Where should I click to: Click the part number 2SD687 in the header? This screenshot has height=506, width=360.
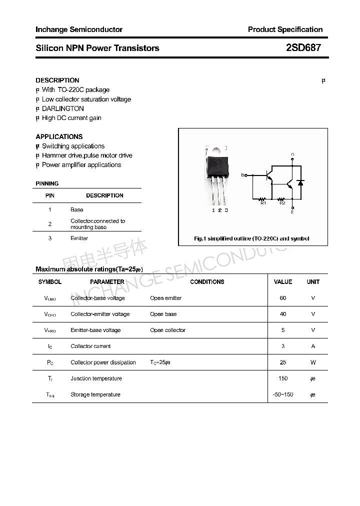point(303,48)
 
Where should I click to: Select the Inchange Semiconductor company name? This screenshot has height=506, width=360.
point(79,29)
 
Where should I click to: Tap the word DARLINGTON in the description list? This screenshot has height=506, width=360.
point(62,108)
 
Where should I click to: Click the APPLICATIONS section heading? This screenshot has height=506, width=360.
point(59,136)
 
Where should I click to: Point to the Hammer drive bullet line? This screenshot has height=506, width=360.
point(86,155)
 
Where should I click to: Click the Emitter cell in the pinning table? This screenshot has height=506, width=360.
point(79,238)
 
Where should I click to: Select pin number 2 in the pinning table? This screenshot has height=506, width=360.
point(50,224)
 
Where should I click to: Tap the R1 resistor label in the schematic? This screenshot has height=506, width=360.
point(263,203)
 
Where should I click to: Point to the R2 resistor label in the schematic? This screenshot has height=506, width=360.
point(282,203)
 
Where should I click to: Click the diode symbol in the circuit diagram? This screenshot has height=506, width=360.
point(300,182)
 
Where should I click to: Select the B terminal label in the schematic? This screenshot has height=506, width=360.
point(243,175)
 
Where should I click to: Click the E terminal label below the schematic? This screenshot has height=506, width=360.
point(292,212)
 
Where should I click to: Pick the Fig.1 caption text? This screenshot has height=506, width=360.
point(251,238)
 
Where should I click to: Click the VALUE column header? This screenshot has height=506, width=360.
point(283,282)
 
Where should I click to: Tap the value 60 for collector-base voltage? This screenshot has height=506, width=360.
point(283,298)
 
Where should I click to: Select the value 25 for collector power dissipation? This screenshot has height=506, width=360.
point(283,362)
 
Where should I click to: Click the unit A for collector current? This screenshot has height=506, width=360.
point(313,346)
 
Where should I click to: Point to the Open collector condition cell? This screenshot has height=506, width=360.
point(167,330)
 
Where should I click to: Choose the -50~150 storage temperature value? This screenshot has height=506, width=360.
point(283,394)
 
